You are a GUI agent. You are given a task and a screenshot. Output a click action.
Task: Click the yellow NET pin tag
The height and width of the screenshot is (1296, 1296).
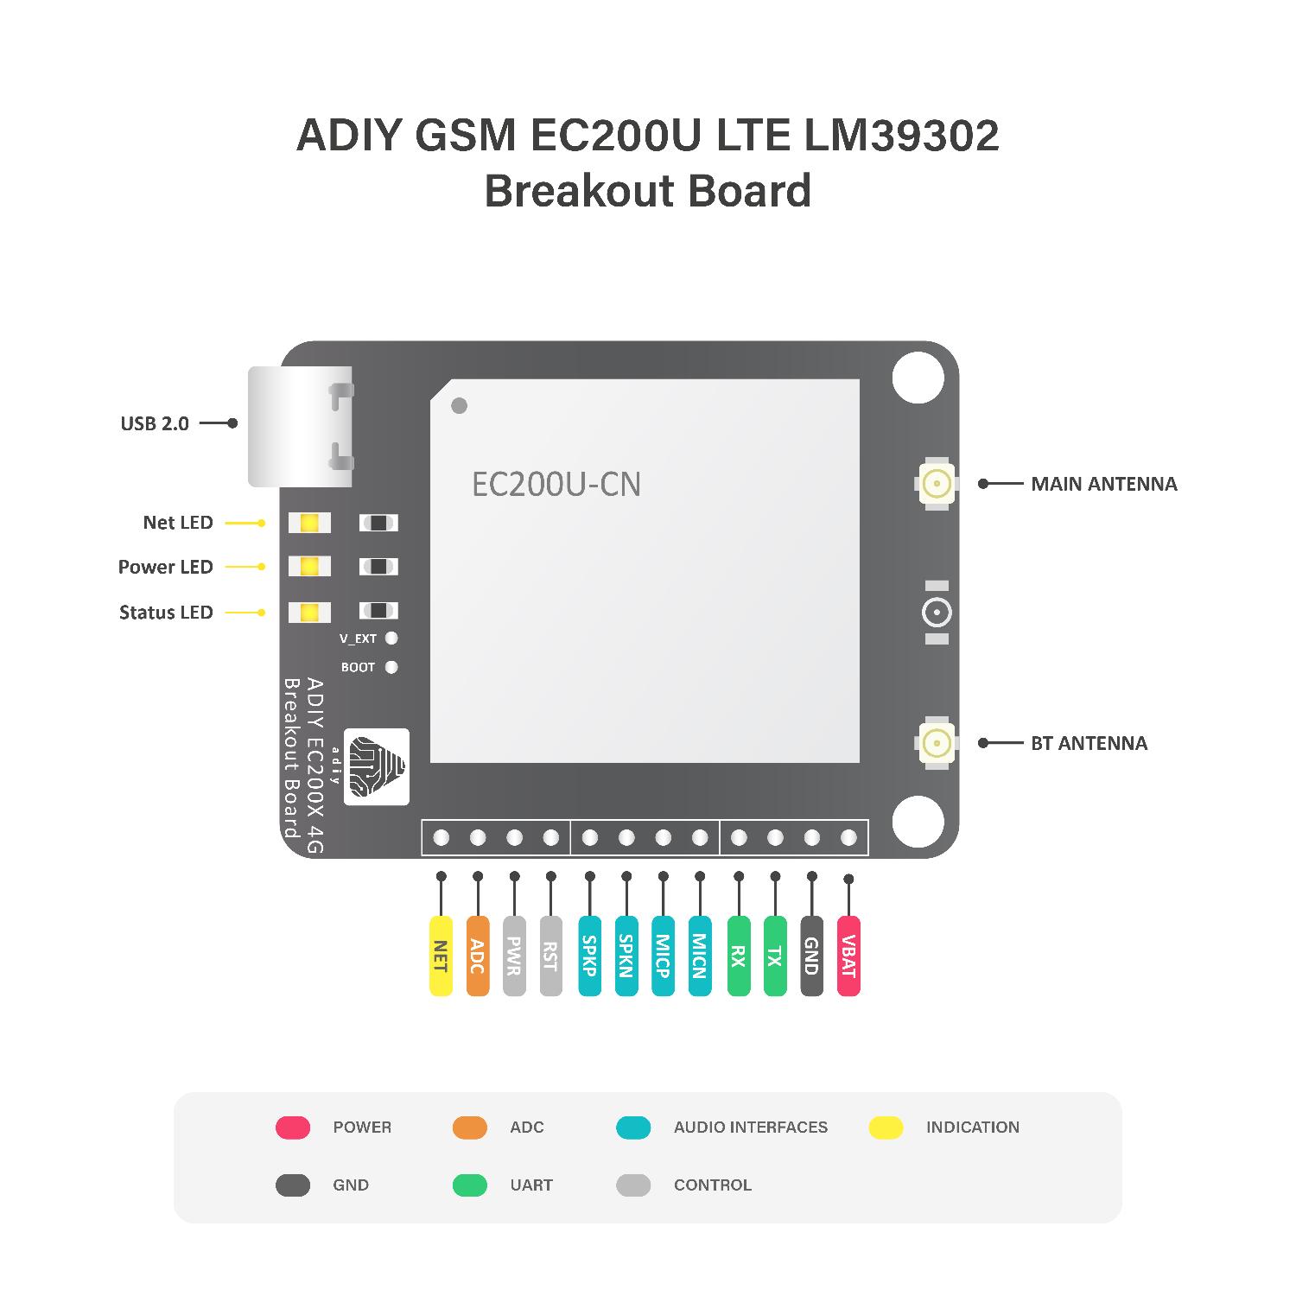tap(441, 956)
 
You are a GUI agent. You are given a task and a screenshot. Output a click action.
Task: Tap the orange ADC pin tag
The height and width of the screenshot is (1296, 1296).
tap(477, 956)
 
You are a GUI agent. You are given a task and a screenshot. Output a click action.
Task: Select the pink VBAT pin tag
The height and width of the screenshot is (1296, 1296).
tap(848, 956)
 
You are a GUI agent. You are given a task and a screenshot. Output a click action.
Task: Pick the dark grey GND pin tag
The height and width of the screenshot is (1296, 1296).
tap(811, 956)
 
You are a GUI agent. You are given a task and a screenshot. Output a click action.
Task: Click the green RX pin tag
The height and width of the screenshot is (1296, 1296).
tap(739, 956)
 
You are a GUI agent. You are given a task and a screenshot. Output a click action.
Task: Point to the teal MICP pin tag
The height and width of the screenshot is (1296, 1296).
tap(663, 956)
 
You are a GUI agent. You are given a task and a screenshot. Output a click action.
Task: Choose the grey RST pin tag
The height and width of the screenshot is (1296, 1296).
tap(550, 956)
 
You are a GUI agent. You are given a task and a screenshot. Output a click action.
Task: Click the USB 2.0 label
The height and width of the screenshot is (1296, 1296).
tap(155, 423)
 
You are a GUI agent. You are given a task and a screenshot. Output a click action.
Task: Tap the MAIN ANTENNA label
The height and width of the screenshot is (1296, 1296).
tap(1104, 484)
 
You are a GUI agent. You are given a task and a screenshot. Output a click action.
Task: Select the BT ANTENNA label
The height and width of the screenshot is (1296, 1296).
tap(1089, 743)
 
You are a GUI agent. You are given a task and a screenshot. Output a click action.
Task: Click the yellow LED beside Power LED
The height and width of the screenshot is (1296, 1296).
tap(309, 567)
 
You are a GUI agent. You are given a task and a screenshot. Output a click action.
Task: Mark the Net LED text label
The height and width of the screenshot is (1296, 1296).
tap(178, 523)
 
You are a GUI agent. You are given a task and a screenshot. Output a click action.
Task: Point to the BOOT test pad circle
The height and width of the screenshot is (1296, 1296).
tap(391, 667)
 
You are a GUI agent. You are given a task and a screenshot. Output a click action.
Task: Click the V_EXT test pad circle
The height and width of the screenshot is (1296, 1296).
tap(391, 638)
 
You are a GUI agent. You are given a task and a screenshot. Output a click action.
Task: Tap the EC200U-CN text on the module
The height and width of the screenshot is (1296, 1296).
tap(556, 484)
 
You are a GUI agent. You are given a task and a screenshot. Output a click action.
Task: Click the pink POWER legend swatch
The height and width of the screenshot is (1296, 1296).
tap(293, 1127)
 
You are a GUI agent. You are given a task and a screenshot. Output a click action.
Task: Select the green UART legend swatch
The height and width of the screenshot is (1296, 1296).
tap(470, 1185)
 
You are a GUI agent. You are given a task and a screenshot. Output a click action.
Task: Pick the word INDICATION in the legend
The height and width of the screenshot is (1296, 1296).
tap(973, 1127)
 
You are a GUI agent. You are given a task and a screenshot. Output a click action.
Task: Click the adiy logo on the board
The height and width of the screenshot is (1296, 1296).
tap(377, 767)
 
